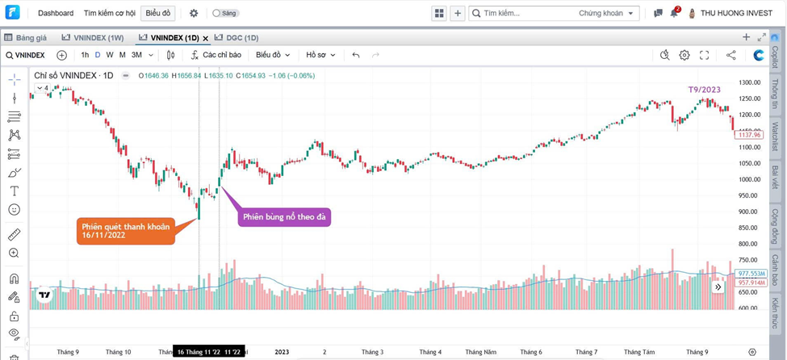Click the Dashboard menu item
[x=55, y=13]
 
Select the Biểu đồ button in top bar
[x=157, y=13]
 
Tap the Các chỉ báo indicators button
[x=216, y=55]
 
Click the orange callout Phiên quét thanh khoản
[x=126, y=231]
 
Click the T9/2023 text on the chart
[x=704, y=90]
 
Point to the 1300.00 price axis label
[x=750, y=82]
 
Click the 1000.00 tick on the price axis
[x=750, y=179]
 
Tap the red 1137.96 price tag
[x=749, y=135]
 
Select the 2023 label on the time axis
[x=282, y=352]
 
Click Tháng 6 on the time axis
[x=531, y=352]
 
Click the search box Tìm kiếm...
[x=525, y=13]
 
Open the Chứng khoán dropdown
[x=606, y=13]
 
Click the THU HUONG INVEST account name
[x=736, y=13]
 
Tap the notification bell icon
[x=674, y=13]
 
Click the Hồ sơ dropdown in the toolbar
[x=320, y=55]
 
